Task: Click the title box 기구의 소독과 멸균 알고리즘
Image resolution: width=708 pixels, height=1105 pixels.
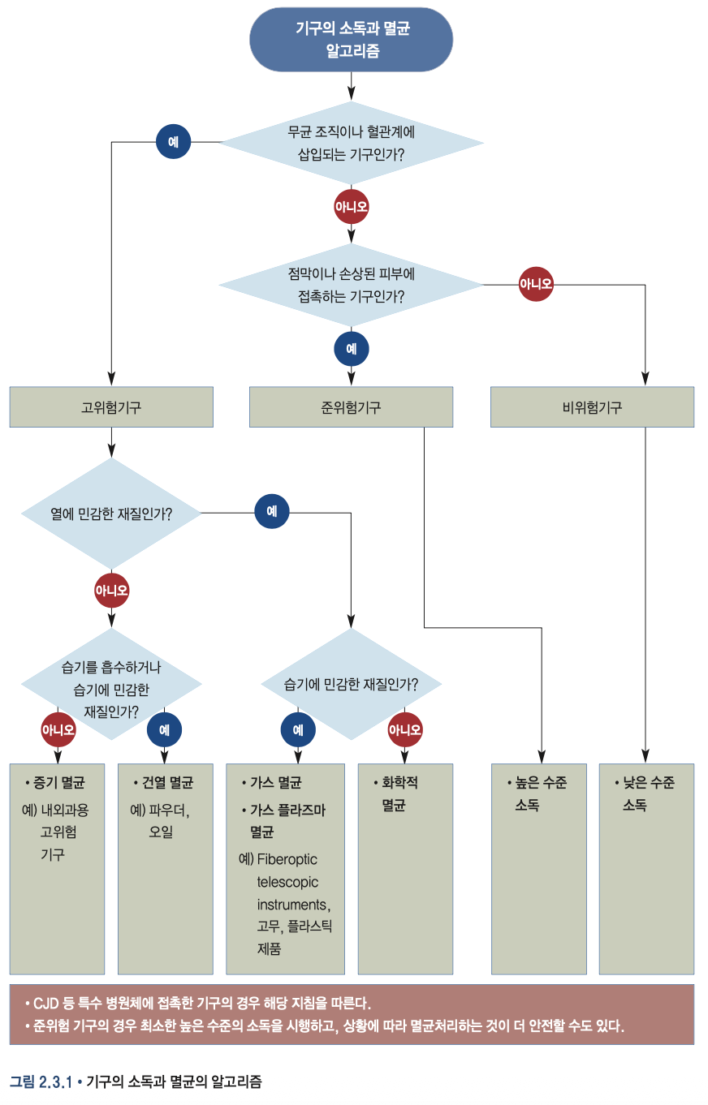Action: click(x=351, y=39)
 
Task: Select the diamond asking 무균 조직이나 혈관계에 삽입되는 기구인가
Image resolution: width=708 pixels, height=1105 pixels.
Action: click(x=351, y=143)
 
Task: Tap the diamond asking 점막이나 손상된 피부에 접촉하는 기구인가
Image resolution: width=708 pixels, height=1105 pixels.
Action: click(x=351, y=285)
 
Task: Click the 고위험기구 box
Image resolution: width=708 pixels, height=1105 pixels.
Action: click(x=111, y=407)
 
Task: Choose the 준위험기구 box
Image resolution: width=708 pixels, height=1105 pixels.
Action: click(x=351, y=407)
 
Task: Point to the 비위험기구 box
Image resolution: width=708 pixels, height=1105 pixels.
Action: click(x=592, y=407)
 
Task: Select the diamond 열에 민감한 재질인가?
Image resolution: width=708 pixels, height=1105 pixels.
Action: click(x=111, y=513)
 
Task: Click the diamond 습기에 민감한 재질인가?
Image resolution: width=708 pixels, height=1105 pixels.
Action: click(x=351, y=684)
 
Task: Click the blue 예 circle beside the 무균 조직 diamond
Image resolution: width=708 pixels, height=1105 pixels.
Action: click(x=173, y=142)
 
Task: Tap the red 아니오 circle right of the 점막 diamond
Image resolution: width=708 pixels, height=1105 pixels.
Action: click(x=536, y=284)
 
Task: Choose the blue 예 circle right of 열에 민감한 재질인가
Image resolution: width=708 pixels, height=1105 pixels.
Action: click(x=272, y=512)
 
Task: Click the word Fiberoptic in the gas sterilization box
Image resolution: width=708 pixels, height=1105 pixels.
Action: click(x=287, y=859)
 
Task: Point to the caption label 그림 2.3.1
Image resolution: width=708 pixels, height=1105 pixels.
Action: click(x=41, y=1081)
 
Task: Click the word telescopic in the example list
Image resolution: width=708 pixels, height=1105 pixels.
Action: click(x=287, y=881)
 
